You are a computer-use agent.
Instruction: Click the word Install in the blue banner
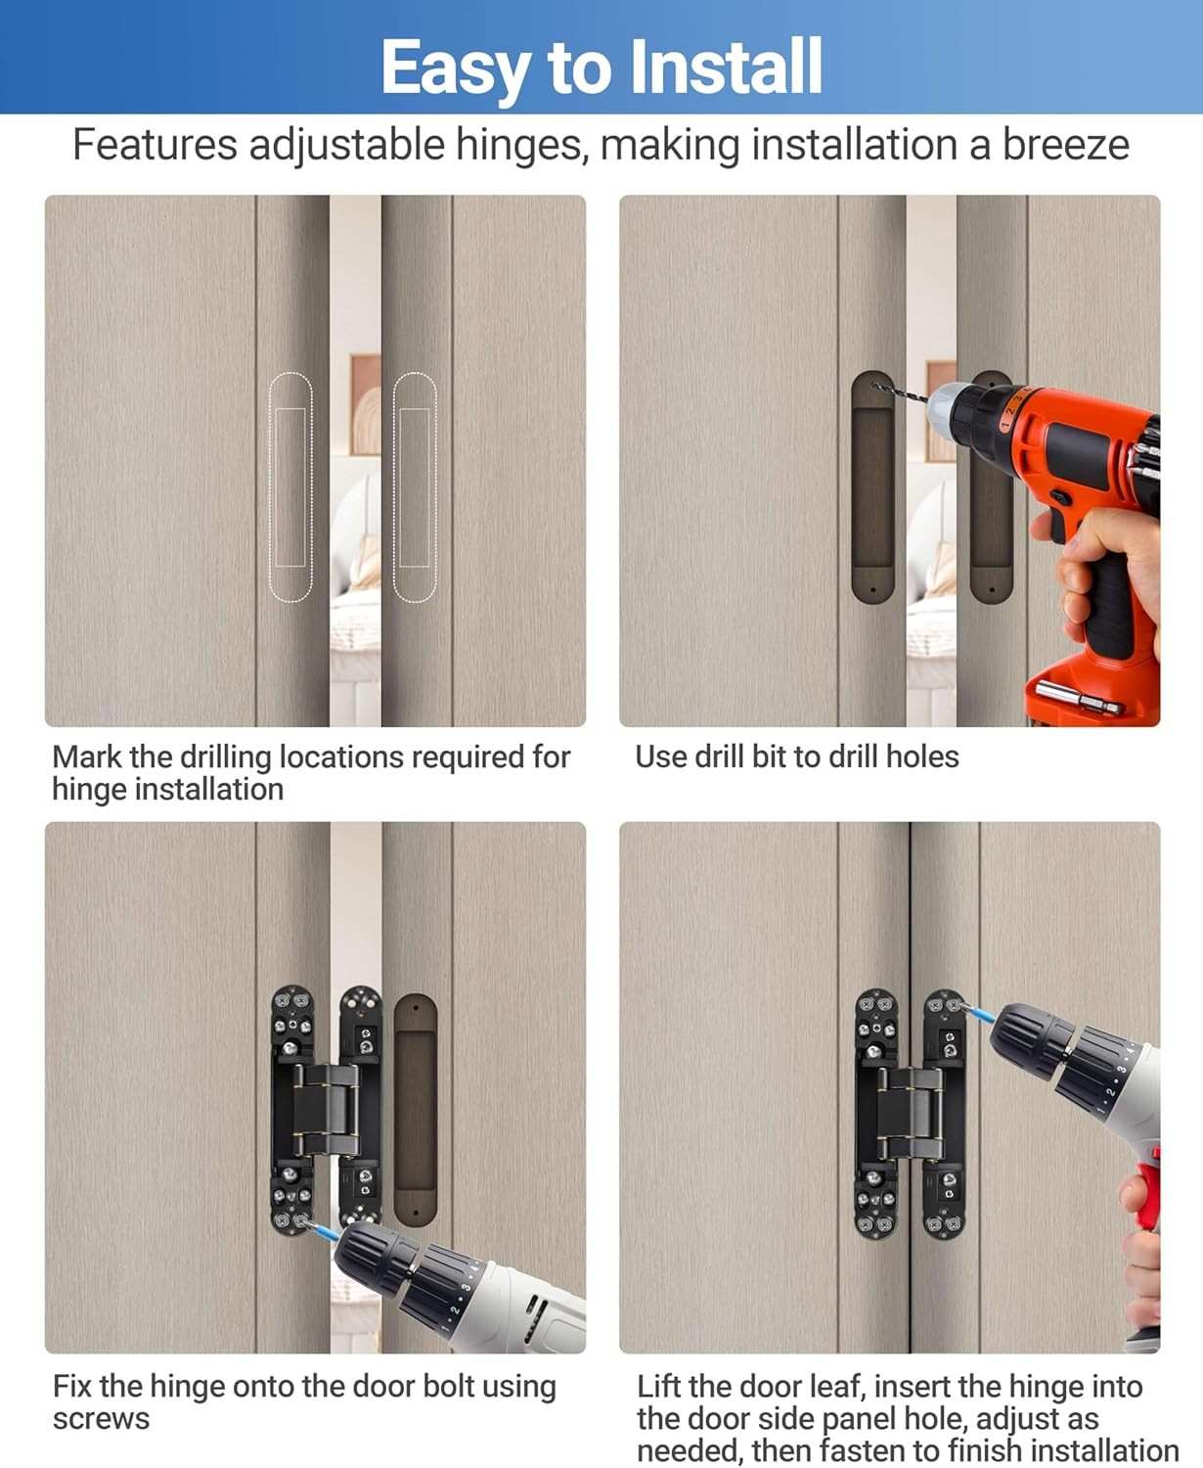726,67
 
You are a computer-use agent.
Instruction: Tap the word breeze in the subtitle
1065,145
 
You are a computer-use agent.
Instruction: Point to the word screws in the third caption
101,1419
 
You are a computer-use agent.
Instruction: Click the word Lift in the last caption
660,1386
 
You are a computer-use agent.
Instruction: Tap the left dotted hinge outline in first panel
290,487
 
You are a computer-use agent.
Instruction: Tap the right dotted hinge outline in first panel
415,487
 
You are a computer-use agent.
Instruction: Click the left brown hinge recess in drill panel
872,486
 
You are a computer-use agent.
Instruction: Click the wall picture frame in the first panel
365,405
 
